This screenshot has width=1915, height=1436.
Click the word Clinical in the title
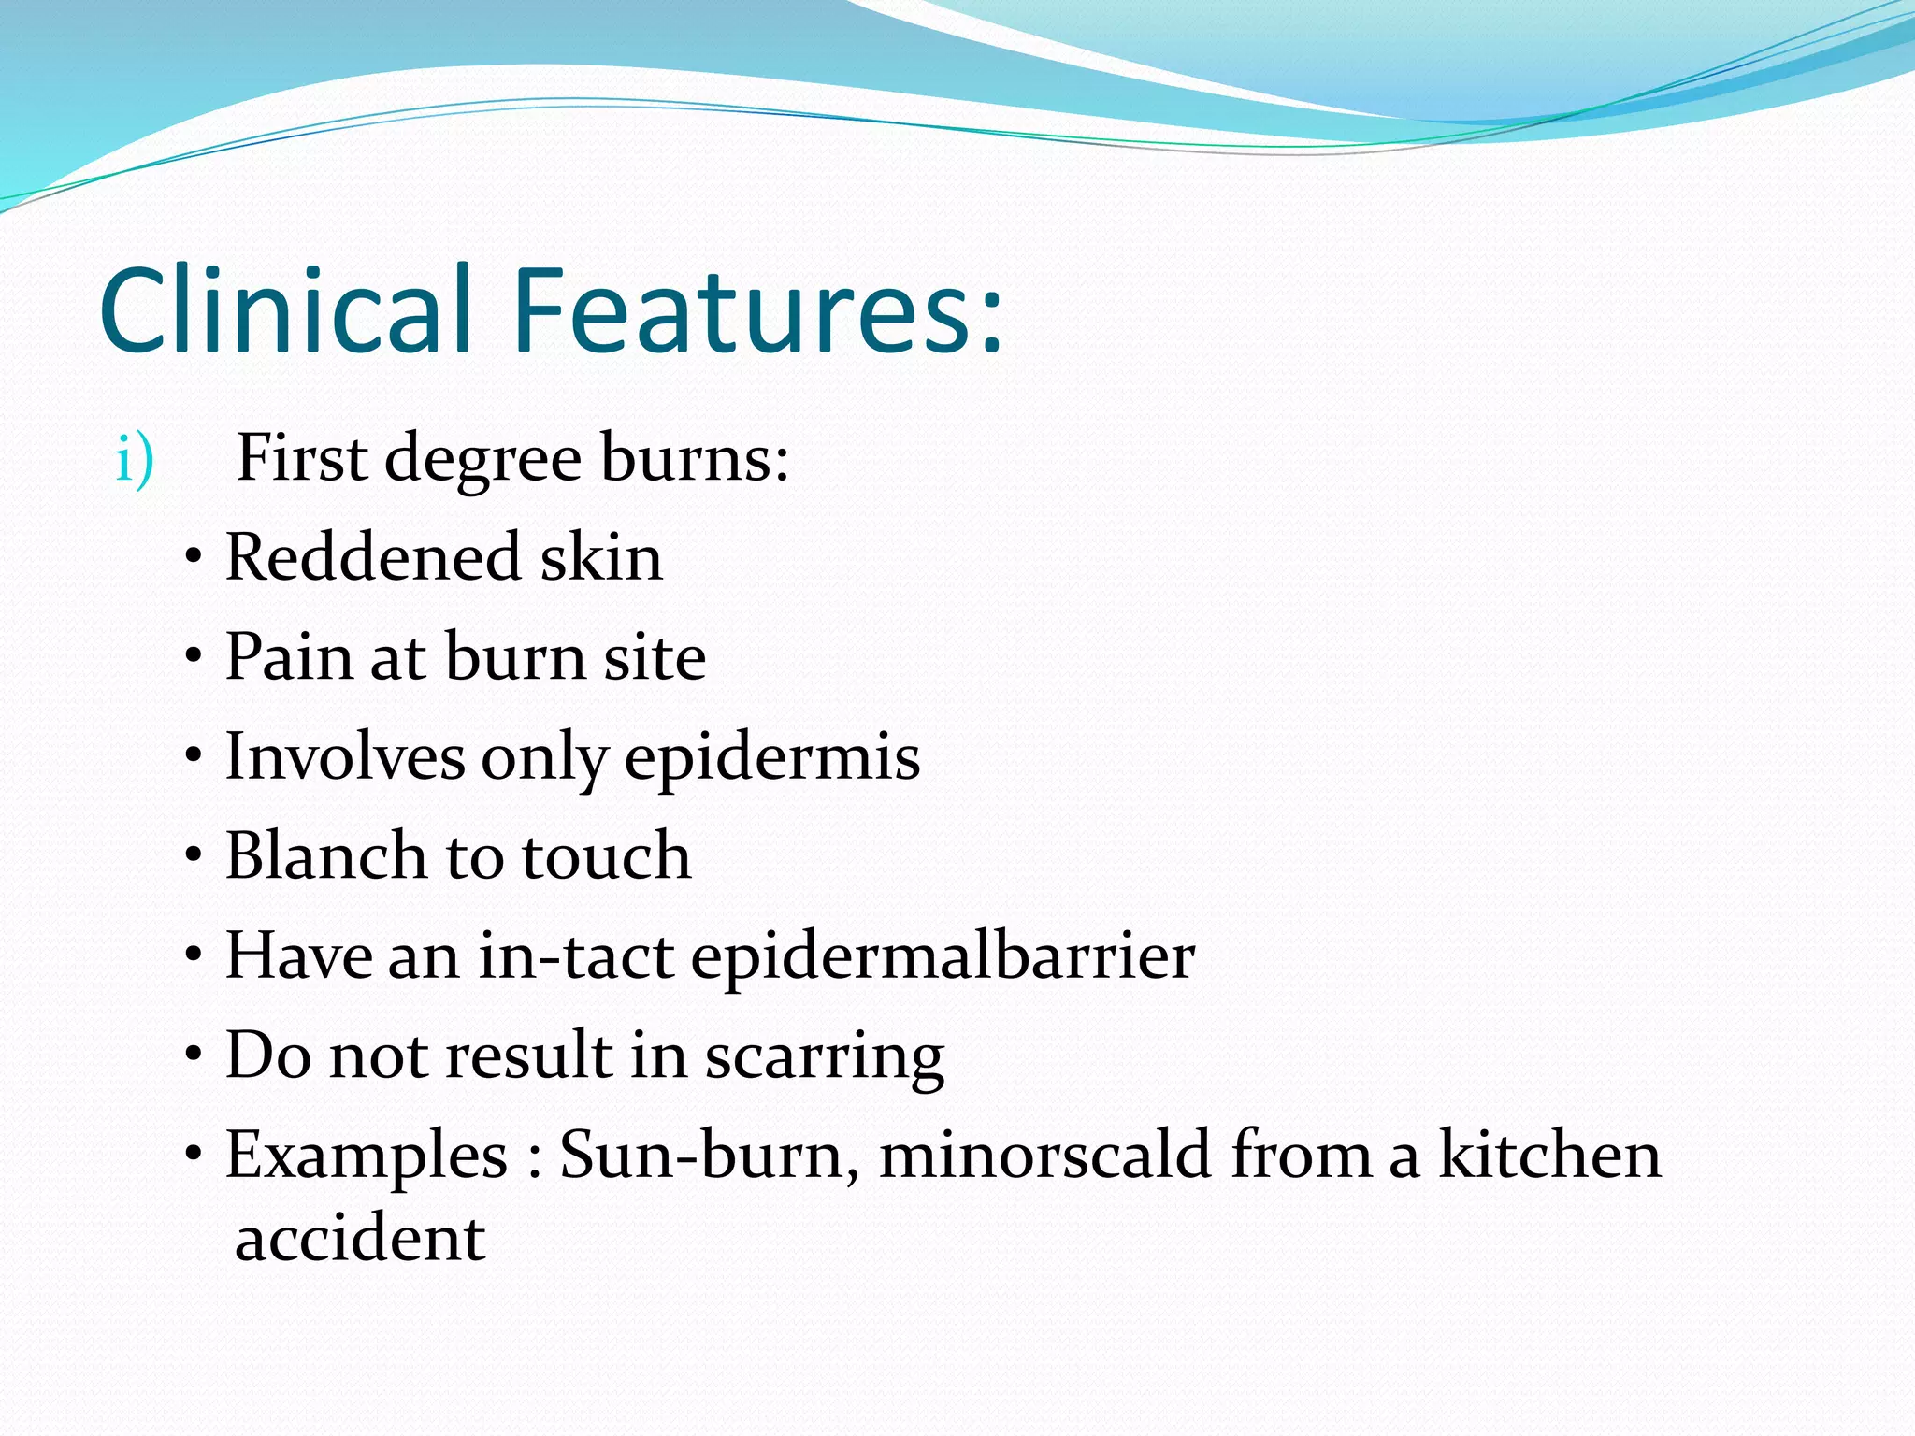pyautogui.click(x=284, y=310)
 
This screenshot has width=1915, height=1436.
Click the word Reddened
pyautogui.click(x=372, y=558)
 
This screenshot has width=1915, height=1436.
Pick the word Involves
pyautogui.click(x=344, y=757)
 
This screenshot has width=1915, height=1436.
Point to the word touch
pyautogui.click(x=606, y=856)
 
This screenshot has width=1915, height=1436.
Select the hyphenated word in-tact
pyautogui.click(x=576, y=956)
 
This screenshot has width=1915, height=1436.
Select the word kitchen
pyautogui.click(x=1549, y=1156)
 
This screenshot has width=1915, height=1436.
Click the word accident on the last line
pyautogui.click(x=360, y=1240)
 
